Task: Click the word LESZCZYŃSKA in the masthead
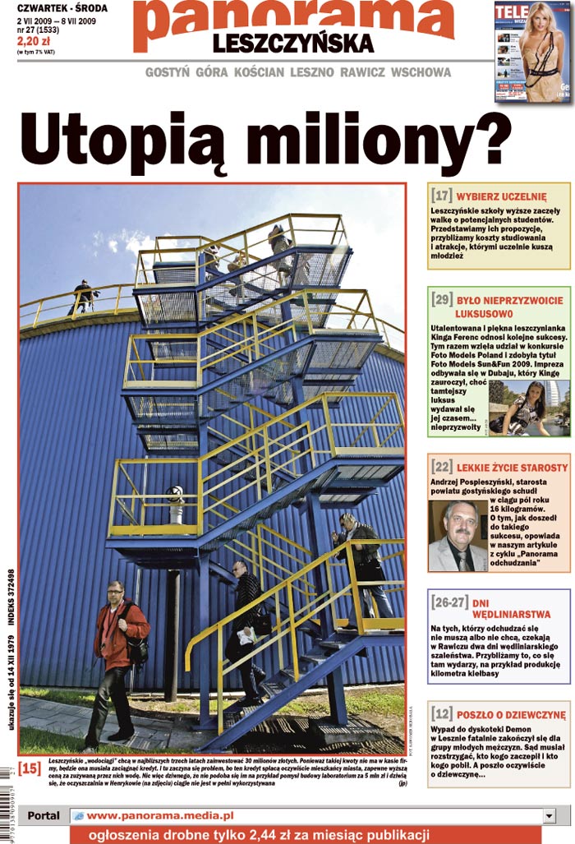click(293, 43)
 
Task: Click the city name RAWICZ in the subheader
click(361, 72)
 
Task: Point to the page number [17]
click(442, 196)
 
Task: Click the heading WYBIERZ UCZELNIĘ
click(501, 197)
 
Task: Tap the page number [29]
click(441, 299)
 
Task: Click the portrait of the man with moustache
click(458, 537)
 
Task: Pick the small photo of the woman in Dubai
click(528, 408)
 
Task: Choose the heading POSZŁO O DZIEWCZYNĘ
click(511, 715)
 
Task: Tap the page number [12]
click(442, 714)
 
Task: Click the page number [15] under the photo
click(30, 768)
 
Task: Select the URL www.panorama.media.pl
click(160, 815)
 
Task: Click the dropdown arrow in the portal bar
click(550, 815)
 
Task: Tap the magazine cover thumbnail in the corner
click(533, 51)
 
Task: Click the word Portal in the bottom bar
click(43, 815)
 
